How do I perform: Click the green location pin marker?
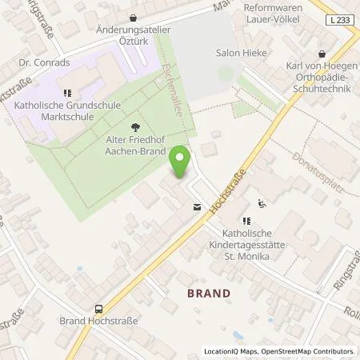pos(180,162)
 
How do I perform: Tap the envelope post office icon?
pos(197,206)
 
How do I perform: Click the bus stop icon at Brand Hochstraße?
pos(99,308)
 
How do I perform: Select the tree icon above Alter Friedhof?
pos(134,126)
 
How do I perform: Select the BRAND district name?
pos(208,294)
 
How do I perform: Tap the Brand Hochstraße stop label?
pos(99,321)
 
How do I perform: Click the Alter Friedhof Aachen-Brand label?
pos(134,144)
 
